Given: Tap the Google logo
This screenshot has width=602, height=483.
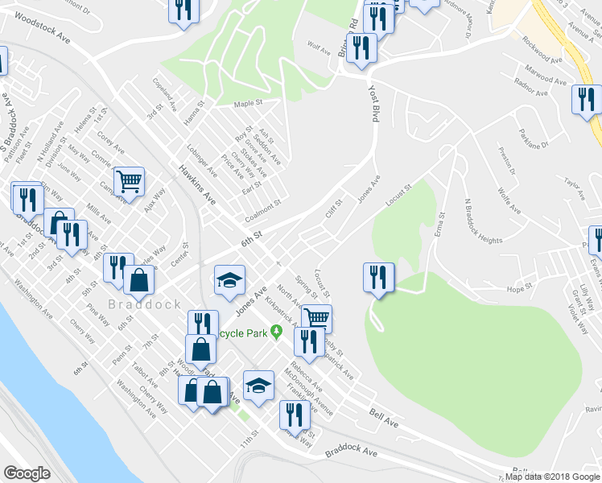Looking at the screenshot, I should click(27, 473).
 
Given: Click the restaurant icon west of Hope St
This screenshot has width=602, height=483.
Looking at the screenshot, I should click(377, 277).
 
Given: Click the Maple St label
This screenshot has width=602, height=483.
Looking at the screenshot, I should click(249, 104).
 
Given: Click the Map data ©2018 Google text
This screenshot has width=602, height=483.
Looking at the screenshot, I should click(552, 476).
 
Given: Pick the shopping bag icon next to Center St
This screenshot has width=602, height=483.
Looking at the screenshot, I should click(139, 279).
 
